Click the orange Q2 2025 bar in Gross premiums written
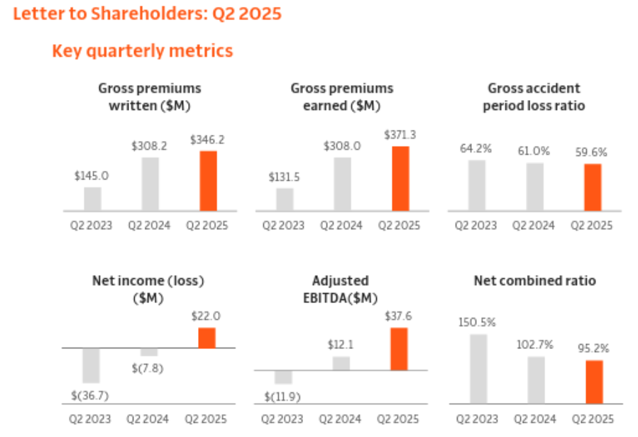(x=208, y=181)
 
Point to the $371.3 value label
(x=399, y=134)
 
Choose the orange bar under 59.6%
(x=593, y=187)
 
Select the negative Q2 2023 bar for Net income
(x=91, y=365)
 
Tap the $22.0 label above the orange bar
(x=207, y=316)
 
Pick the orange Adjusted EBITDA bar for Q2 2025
(x=399, y=348)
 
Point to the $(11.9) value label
(x=283, y=395)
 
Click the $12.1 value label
(x=341, y=345)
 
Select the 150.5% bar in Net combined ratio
(x=478, y=369)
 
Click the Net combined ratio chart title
(x=534, y=281)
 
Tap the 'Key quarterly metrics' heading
(x=142, y=51)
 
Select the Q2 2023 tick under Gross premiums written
(x=92, y=226)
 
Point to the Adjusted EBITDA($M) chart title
(x=341, y=289)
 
